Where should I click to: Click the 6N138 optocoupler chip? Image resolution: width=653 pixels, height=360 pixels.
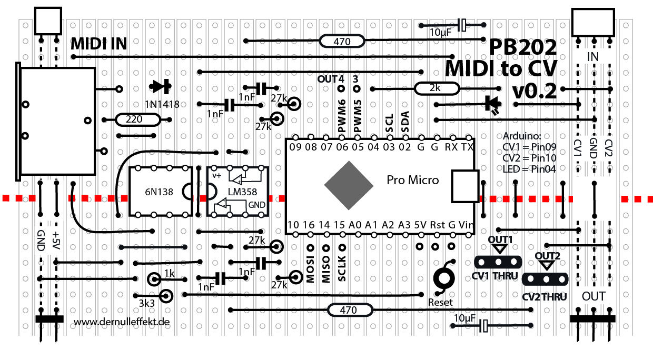tap(160, 192)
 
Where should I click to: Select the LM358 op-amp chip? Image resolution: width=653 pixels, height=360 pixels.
tap(237, 192)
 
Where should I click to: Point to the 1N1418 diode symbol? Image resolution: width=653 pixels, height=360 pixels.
tap(161, 86)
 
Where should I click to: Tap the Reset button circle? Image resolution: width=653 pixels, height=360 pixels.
tap(443, 278)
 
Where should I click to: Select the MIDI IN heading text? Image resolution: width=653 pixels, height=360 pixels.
tap(98, 44)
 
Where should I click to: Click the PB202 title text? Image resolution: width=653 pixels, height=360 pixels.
tap(522, 48)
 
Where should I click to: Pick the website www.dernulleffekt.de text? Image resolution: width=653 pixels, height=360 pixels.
tap(122, 321)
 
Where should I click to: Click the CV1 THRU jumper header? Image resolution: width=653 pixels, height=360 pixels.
tap(498, 261)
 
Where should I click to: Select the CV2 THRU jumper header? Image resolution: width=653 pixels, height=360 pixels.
tap(547, 279)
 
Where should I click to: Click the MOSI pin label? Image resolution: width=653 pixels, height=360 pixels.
tap(310, 270)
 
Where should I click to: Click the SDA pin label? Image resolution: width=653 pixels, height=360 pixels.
tap(405, 122)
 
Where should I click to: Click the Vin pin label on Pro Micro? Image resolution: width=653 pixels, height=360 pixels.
tap(466, 224)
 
